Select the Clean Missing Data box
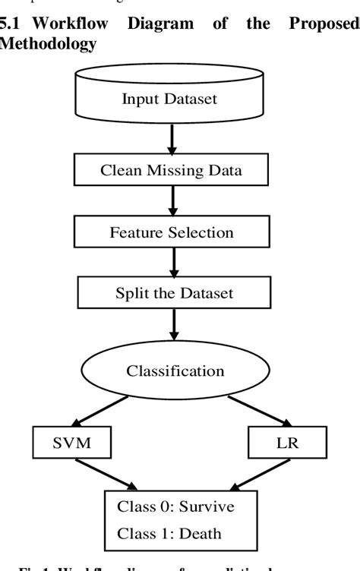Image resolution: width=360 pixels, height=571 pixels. (x=171, y=170)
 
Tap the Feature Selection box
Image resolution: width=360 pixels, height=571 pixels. (x=171, y=232)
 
